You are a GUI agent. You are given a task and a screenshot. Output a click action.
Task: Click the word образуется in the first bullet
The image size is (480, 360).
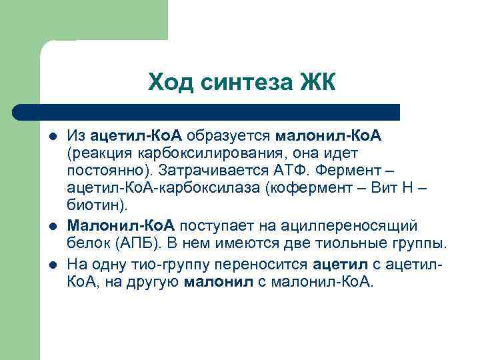(229, 137)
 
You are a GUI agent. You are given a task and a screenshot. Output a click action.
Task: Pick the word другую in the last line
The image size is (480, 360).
(157, 281)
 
